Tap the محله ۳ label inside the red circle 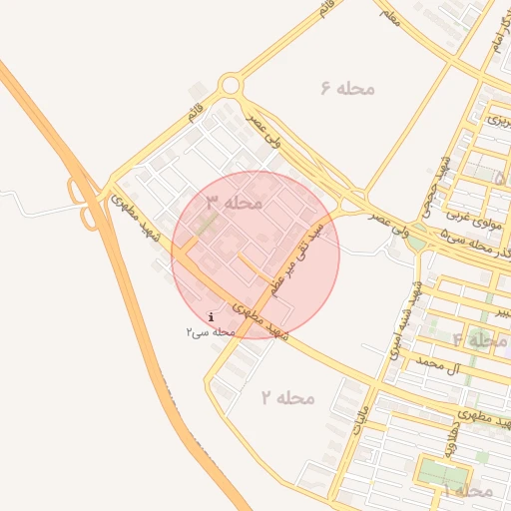(x=235, y=203)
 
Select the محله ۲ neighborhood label (x=287, y=397)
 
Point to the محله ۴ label (x=480, y=340)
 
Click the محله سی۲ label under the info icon (x=209, y=330)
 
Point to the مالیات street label (x=361, y=424)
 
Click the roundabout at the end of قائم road (x=232, y=86)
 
